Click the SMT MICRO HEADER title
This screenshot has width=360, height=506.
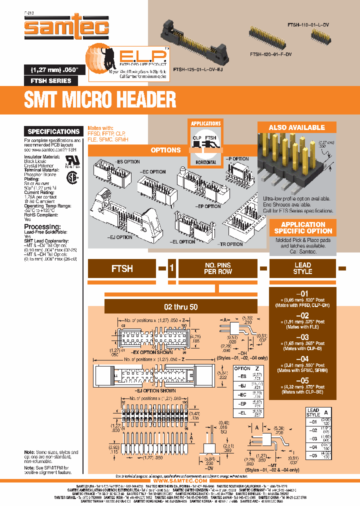coord(100,99)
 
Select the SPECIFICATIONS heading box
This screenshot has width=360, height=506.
coord(53,131)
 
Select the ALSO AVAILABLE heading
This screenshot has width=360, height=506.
coord(296,127)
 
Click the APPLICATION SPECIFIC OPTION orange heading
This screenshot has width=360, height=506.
coord(303,228)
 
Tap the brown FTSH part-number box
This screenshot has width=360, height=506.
coord(122,268)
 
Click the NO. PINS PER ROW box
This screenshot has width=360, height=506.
coord(218,268)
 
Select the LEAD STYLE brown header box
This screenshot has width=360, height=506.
coord(302,268)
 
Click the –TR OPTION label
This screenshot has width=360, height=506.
coord(230,244)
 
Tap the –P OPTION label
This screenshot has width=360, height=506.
coord(238,159)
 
